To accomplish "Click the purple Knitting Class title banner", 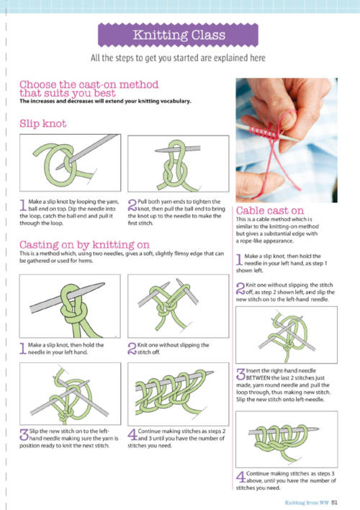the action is [x=178, y=35].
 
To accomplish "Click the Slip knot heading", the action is [x=43, y=124].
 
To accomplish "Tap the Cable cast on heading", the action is [x=269, y=210].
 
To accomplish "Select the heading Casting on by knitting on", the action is [x=84, y=245].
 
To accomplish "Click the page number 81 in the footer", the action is [x=334, y=503].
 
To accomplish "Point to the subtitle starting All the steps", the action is [x=178, y=58].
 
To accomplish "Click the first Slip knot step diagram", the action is [x=71, y=163].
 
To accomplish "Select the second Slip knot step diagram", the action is [x=179, y=164].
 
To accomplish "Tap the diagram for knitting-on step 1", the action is [x=70, y=306].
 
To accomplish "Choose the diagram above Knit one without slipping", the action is [x=179, y=306].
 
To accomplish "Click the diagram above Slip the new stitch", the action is [x=71, y=394].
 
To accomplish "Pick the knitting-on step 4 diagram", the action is [x=179, y=394].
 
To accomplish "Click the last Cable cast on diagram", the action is [x=287, y=439].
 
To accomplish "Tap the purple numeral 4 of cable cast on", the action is [x=240, y=477].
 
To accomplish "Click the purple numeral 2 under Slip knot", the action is [x=132, y=205].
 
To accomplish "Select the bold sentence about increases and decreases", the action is [x=105, y=101].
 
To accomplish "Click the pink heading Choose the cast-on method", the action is [x=89, y=89].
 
